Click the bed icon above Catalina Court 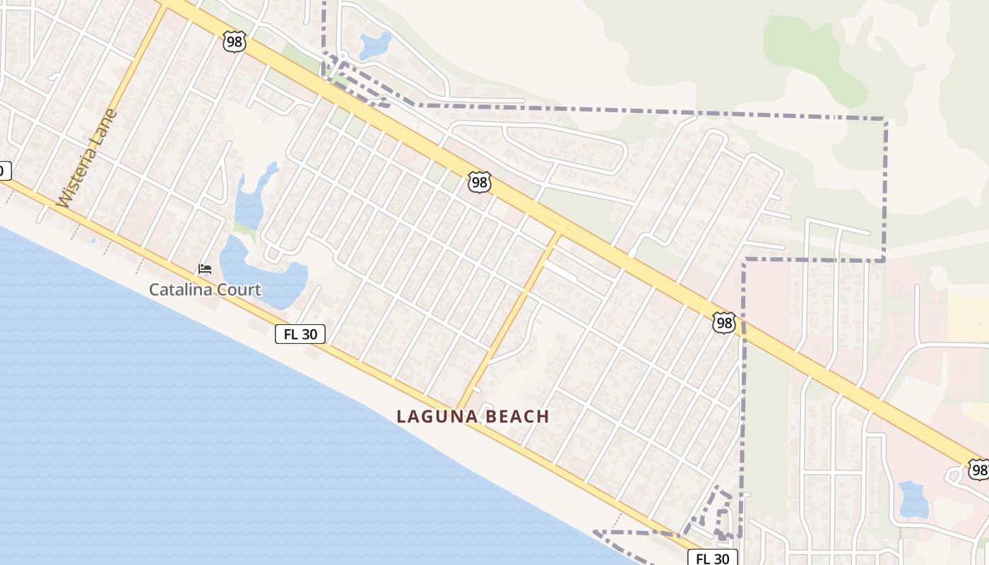point(205,269)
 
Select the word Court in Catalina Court point(238,290)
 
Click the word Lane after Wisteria point(106,124)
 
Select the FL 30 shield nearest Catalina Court point(300,334)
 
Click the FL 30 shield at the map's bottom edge point(712,558)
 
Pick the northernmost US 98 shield point(234,42)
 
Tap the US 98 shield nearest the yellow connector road point(480,183)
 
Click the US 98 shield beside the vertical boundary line point(724,323)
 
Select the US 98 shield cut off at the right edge point(979,469)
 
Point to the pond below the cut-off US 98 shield point(913,499)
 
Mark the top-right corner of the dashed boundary point(885,119)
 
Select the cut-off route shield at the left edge point(4,170)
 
